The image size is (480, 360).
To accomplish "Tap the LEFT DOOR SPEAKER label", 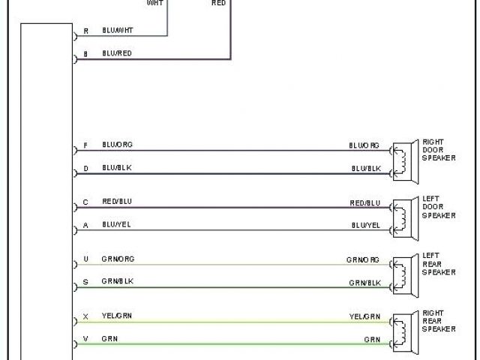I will point(438,207).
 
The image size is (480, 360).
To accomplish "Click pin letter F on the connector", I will point(85,145).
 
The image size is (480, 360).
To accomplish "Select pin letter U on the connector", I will point(85,259).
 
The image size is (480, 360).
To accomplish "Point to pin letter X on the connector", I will point(85,316).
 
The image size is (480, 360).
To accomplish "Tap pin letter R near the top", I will point(85,31).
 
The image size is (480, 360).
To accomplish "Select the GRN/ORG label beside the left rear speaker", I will point(363,259).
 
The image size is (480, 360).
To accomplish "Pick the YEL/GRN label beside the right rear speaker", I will point(364,316).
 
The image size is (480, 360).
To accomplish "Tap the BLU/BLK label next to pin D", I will point(116,168).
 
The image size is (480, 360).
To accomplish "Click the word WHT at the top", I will point(155,3).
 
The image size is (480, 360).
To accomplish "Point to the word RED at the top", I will point(217,3).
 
